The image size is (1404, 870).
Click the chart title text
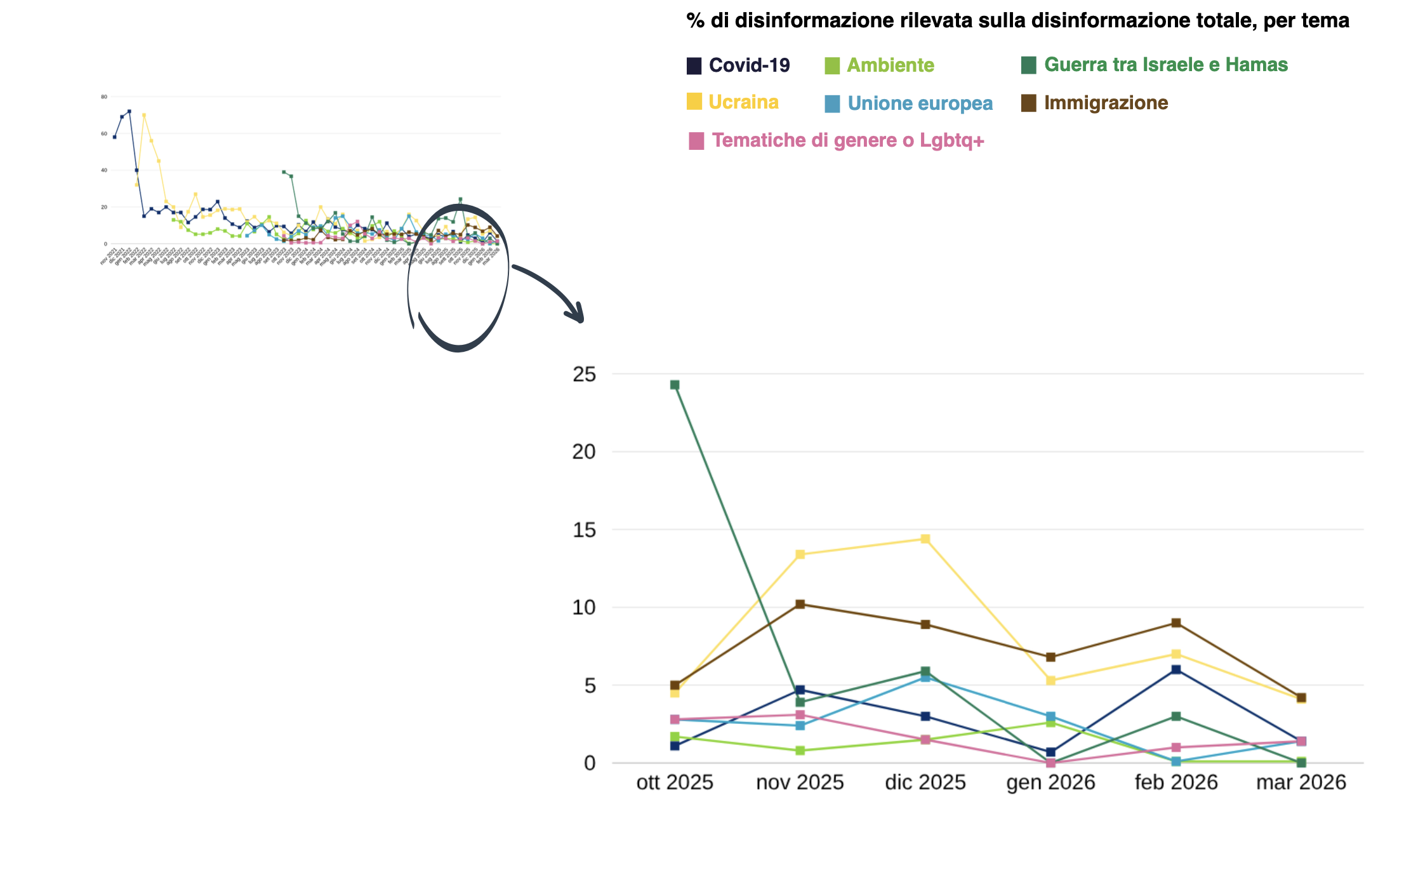(1017, 21)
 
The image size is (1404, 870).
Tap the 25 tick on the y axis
(585, 375)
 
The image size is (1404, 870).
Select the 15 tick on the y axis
(585, 530)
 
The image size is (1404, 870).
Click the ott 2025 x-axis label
(675, 782)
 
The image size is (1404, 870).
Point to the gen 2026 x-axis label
(1050, 782)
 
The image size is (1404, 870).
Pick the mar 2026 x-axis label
(1301, 782)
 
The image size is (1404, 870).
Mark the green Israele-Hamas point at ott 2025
(675, 385)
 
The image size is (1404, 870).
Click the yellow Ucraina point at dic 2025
(925, 539)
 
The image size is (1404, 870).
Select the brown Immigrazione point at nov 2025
(800, 604)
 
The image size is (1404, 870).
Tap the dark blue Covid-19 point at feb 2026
(1176, 669)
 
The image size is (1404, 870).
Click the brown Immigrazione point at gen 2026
(1050, 657)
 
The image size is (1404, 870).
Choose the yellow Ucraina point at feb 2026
(1176, 654)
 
